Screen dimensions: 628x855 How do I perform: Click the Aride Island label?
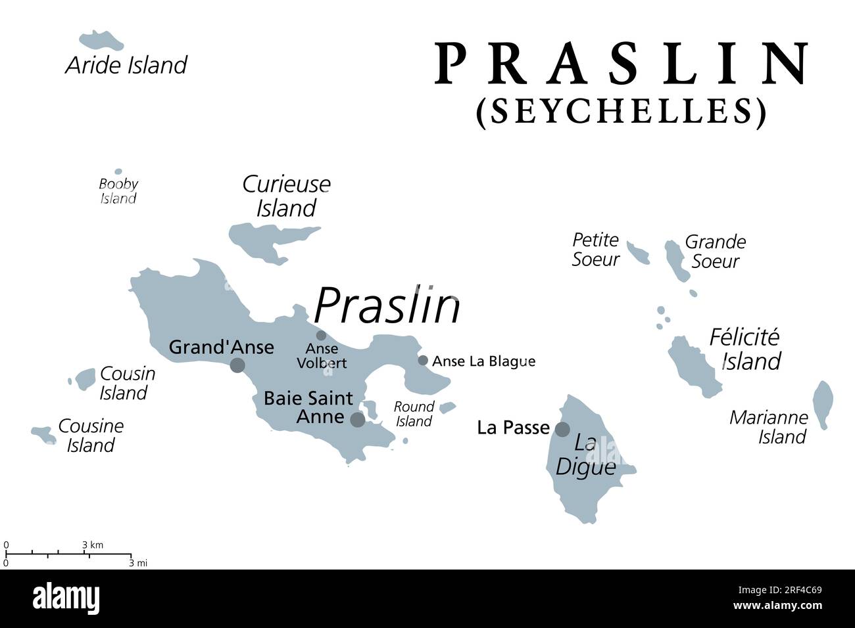[x=126, y=65]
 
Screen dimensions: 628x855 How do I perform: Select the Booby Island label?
[x=118, y=191]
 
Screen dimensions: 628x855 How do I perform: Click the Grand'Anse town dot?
[x=237, y=365]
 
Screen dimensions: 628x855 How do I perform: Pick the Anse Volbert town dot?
[x=321, y=335]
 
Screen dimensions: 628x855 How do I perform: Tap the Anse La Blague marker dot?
[x=423, y=360]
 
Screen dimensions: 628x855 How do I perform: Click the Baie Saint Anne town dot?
[x=357, y=419]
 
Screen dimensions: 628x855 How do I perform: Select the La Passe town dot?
[x=562, y=429]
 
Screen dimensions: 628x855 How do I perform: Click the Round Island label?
[x=414, y=414]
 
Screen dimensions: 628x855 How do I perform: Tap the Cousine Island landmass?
[x=43, y=434]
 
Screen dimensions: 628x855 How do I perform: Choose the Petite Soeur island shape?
[x=637, y=252]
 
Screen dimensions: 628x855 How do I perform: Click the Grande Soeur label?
[x=716, y=252]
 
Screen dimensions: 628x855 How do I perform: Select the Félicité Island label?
[x=746, y=349]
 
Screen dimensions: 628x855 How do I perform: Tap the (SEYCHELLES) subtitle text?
[x=622, y=111]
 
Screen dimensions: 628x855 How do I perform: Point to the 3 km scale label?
[x=93, y=545]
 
